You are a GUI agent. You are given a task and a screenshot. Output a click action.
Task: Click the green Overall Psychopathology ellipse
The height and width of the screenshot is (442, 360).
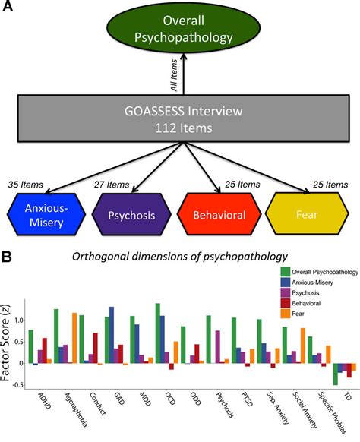[183, 28]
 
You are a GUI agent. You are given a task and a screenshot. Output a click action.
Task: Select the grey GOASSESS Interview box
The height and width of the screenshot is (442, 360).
[184, 118]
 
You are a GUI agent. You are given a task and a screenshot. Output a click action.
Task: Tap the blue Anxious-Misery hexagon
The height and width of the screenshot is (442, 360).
[46, 214]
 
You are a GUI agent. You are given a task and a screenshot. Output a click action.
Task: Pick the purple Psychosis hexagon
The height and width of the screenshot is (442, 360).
[131, 214]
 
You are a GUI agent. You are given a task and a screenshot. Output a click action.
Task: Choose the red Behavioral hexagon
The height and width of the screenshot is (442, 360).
[219, 214]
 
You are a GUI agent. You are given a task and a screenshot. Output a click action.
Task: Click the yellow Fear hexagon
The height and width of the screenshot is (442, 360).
[307, 214]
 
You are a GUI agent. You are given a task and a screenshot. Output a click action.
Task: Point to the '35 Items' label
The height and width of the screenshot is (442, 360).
[26, 185]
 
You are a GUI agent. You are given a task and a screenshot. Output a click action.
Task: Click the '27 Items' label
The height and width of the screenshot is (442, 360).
[112, 185]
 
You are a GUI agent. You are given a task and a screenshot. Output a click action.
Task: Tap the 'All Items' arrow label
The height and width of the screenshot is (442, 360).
[174, 75]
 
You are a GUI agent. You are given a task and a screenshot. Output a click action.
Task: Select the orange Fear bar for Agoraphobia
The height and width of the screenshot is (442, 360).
[74, 338]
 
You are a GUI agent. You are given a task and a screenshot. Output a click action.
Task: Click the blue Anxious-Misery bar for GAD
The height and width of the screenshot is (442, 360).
[112, 335]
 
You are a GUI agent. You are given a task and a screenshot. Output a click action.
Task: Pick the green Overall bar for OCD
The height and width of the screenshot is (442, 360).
[157, 333]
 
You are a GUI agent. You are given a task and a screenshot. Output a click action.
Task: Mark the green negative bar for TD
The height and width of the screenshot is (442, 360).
[335, 374]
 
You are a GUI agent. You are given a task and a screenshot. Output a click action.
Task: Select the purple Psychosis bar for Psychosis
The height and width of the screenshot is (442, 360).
[218, 347]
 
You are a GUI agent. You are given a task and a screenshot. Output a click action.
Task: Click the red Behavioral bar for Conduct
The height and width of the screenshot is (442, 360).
[95, 349]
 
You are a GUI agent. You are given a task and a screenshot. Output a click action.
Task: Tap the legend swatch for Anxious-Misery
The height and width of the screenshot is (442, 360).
[286, 283]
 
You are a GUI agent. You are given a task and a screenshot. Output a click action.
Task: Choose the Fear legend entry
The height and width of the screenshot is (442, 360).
[292, 314]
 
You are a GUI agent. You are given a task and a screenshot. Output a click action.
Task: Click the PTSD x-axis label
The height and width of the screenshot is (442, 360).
[248, 399]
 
